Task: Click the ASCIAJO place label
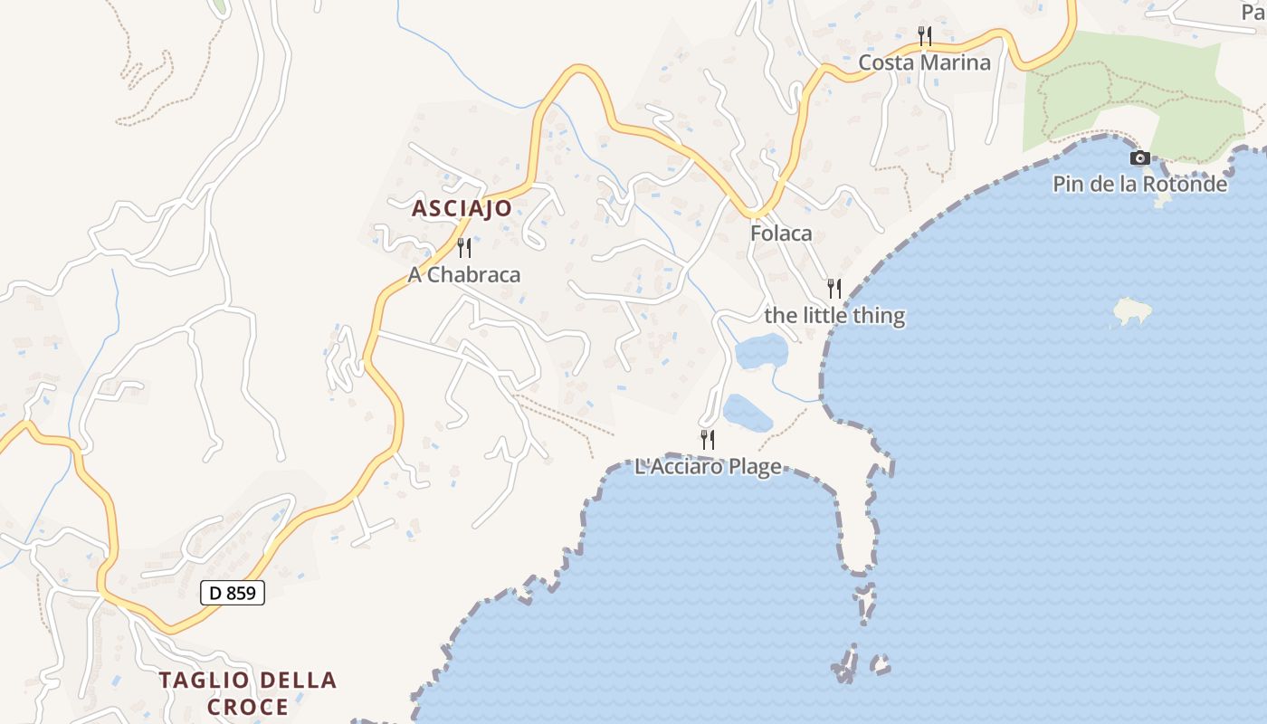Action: pyautogui.click(x=462, y=208)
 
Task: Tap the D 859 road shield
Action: pyautogui.click(x=233, y=594)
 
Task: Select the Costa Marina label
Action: pyautogui.click(x=924, y=62)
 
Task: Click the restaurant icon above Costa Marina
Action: pyautogui.click(x=924, y=36)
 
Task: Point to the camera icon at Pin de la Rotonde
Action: pyautogui.click(x=1140, y=158)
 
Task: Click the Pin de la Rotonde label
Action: pyautogui.click(x=1139, y=185)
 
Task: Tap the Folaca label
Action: pyautogui.click(x=781, y=233)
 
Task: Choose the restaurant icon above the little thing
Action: pyautogui.click(x=834, y=289)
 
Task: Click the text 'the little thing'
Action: pyautogui.click(x=834, y=316)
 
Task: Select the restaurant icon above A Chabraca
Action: pyautogui.click(x=464, y=247)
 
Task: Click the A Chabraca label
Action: pyautogui.click(x=464, y=275)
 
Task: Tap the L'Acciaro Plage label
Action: pyautogui.click(x=708, y=468)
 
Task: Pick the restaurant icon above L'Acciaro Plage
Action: pyautogui.click(x=708, y=440)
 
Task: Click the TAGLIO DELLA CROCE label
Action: pyautogui.click(x=248, y=693)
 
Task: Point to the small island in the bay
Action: pyautogui.click(x=1132, y=312)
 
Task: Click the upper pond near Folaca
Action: pyautogui.click(x=761, y=351)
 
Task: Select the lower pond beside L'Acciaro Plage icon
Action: pyautogui.click(x=748, y=413)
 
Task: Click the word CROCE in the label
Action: pyautogui.click(x=248, y=707)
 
